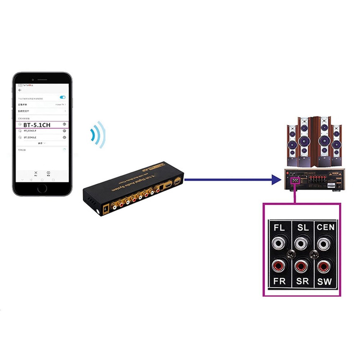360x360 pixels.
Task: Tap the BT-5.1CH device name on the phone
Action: (x=37, y=125)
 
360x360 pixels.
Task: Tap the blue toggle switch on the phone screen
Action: (x=63, y=97)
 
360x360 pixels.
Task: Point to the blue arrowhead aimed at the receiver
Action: (x=276, y=179)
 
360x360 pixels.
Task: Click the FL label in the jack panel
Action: (x=279, y=228)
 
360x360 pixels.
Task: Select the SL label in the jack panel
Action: (x=303, y=228)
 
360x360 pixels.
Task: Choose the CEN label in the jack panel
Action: (x=325, y=228)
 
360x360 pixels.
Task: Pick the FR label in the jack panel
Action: (x=279, y=281)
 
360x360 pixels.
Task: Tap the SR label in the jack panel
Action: (x=303, y=281)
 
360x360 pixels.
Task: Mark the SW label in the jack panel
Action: (x=325, y=281)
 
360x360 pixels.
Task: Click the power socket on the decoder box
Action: (x=105, y=209)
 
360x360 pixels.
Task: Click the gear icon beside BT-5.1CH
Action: (x=64, y=125)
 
